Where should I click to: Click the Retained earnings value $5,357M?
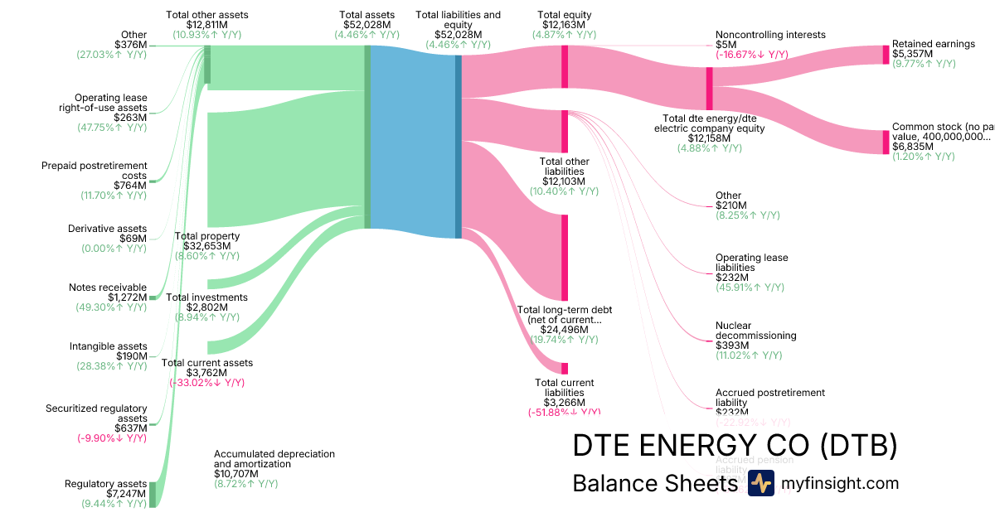(x=912, y=54)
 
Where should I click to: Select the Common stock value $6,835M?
(x=912, y=147)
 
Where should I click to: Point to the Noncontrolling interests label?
(x=770, y=35)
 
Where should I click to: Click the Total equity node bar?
(x=565, y=61)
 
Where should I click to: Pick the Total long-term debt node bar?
(x=565, y=257)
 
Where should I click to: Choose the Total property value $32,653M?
(x=206, y=246)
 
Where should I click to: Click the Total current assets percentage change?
(x=206, y=383)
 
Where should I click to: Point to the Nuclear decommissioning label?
(x=755, y=331)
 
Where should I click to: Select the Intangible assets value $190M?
(x=129, y=356)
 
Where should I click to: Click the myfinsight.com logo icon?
(x=760, y=482)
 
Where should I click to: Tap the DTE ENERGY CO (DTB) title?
(x=735, y=446)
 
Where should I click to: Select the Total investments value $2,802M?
(x=206, y=307)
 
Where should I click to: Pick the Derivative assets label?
(x=107, y=229)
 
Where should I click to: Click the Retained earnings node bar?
(x=886, y=55)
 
